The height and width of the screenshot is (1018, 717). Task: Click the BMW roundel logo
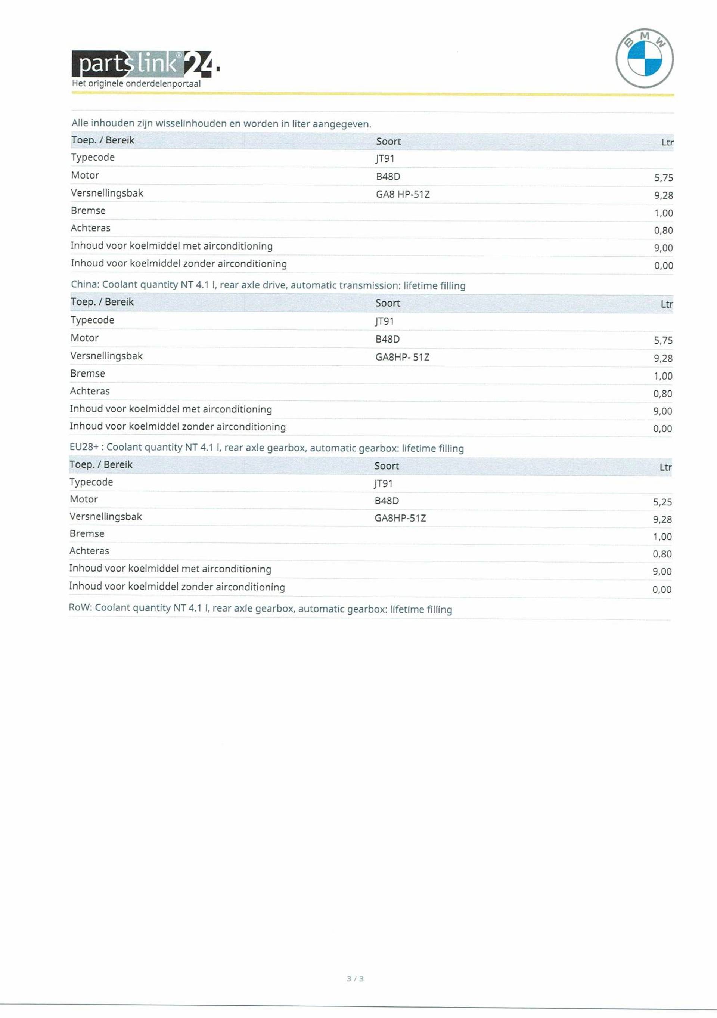point(644,58)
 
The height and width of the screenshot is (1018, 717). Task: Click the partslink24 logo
point(142,64)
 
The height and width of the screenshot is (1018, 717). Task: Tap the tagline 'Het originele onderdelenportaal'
point(136,83)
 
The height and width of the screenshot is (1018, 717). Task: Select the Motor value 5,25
point(662,502)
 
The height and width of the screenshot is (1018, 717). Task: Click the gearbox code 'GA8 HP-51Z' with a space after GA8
point(402,194)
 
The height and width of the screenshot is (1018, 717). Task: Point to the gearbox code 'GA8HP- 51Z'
point(402,357)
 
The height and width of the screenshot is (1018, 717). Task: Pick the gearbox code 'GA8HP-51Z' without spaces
point(400,518)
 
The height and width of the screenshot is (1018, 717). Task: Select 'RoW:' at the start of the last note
point(80,607)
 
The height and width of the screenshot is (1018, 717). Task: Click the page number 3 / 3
point(355,978)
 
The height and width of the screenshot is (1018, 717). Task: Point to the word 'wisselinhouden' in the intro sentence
point(190,123)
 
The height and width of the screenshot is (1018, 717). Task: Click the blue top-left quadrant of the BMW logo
point(636,50)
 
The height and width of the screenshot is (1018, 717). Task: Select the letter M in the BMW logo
point(645,35)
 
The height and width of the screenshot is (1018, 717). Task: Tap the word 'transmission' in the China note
point(373,285)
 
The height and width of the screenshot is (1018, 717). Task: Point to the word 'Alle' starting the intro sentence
point(80,123)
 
